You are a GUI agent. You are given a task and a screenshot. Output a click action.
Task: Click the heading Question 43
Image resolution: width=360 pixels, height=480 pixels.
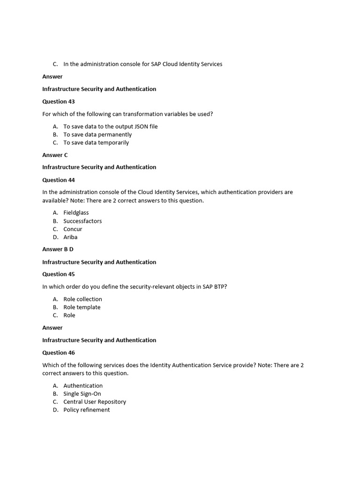click(x=59, y=101)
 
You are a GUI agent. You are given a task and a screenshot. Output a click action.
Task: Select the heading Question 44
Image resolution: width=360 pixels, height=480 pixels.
click(x=59, y=180)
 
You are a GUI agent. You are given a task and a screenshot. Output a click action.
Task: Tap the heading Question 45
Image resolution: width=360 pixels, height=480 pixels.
click(x=59, y=274)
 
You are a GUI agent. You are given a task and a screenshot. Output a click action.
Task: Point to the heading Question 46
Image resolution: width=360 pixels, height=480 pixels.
click(x=59, y=352)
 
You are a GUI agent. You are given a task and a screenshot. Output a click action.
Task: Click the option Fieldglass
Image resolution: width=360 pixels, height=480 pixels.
click(x=76, y=213)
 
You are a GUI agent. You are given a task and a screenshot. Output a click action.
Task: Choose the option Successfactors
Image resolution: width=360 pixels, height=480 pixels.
click(x=82, y=221)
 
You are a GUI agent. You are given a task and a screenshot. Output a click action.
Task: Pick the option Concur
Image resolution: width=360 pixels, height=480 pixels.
click(x=73, y=229)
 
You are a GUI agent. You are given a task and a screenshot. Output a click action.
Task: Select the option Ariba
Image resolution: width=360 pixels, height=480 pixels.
click(x=70, y=237)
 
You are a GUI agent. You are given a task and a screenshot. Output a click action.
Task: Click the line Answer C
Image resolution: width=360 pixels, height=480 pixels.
click(x=55, y=155)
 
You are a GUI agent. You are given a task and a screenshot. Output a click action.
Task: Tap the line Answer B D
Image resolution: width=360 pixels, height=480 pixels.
click(x=58, y=249)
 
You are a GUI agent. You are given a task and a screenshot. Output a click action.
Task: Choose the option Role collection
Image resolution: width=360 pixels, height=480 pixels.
click(x=82, y=299)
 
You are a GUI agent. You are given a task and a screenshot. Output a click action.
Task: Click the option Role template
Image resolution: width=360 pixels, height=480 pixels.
click(x=82, y=307)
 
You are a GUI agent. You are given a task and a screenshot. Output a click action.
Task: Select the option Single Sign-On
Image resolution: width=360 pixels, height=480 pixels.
click(x=82, y=394)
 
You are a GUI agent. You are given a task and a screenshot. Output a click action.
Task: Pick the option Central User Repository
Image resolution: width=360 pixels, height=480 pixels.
click(x=95, y=402)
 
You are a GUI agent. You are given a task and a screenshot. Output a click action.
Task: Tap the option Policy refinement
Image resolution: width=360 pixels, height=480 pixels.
click(x=87, y=410)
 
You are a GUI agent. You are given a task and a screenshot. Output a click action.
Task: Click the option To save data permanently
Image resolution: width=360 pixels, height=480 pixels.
click(x=97, y=135)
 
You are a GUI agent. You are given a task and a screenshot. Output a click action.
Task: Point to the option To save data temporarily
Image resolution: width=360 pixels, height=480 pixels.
click(x=96, y=142)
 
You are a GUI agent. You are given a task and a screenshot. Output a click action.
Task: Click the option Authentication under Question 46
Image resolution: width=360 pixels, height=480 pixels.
click(x=83, y=386)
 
